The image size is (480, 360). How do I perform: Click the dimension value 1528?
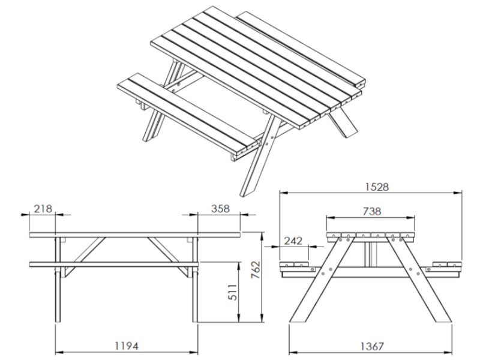coord(377,187)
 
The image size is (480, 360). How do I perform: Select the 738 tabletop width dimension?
coord(372,211)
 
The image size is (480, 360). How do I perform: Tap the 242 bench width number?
coord(293,241)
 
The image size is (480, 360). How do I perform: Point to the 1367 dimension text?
coord(371,346)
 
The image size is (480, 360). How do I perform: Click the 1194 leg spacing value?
coord(127,346)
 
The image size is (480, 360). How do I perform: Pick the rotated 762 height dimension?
coord(256,269)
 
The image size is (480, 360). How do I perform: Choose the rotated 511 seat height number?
coord(233,292)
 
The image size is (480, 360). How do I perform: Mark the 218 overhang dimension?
coord(43,208)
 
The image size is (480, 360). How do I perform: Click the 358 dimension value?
coord(220,208)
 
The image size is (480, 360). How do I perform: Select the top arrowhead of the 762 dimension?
coord(262,236)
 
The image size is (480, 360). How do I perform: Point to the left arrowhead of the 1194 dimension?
coord(59,352)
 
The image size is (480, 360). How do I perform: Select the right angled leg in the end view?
coord(419,279)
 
